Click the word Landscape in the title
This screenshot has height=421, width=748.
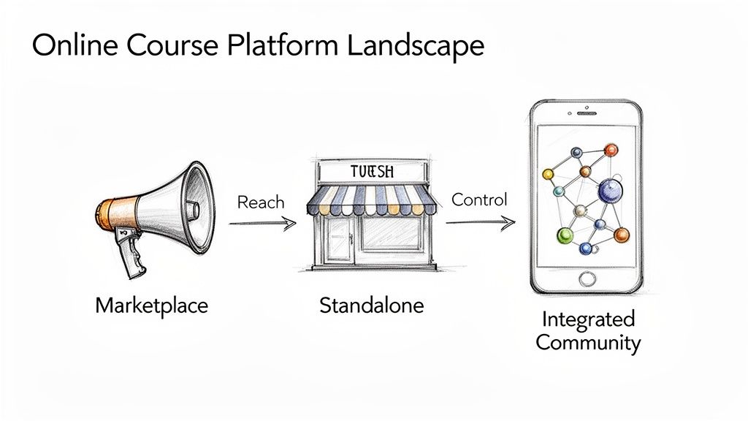(415, 45)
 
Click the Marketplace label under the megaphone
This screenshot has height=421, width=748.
(152, 304)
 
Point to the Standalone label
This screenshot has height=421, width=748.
(371, 304)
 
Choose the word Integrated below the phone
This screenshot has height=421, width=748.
(588, 319)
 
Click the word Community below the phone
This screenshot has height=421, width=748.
(588, 342)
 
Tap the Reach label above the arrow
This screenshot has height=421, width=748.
(261, 202)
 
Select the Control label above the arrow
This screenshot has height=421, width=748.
(479, 199)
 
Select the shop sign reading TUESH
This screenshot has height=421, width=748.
(372, 172)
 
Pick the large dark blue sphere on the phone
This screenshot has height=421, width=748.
(609, 191)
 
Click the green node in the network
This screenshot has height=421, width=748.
(565, 235)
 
